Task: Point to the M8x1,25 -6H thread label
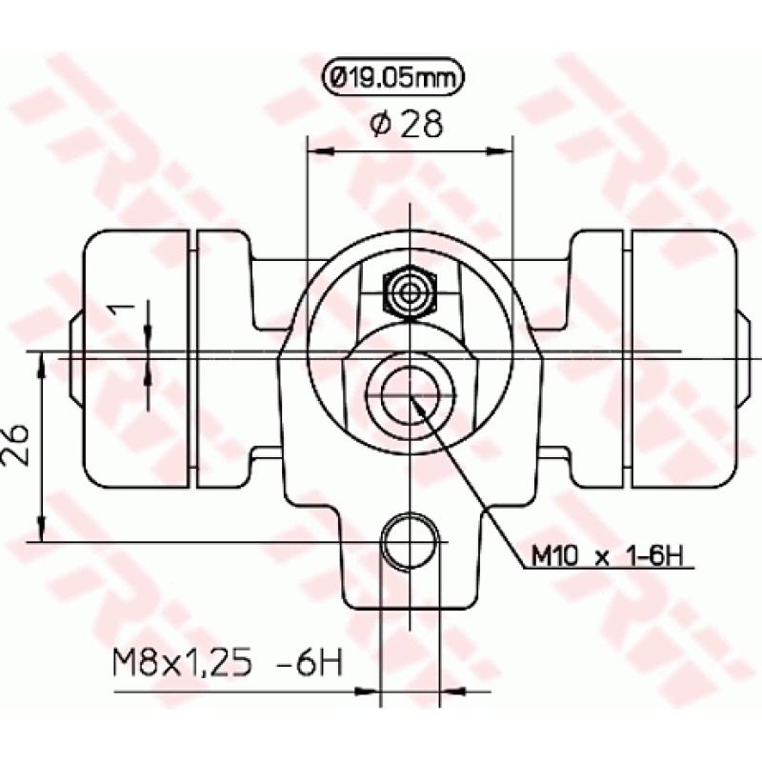point(228,660)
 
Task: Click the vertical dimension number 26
point(18,445)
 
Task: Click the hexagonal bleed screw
point(409,291)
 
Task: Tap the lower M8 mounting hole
point(409,542)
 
